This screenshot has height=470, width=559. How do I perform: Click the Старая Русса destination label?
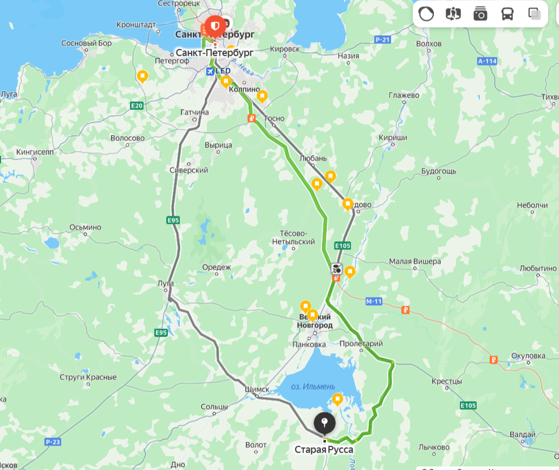pyautogui.click(x=324, y=450)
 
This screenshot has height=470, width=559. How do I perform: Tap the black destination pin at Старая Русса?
pyautogui.click(x=324, y=423)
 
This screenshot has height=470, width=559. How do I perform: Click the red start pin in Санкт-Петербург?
pyautogui.click(x=215, y=26)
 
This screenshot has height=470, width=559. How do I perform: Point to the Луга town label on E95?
pyautogui.click(x=165, y=284)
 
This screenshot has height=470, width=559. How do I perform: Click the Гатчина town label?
pyautogui.click(x=194, y=112)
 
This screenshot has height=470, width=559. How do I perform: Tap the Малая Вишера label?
pyautogui.click(x=415, y=261)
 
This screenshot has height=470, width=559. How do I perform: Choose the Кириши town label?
pyautogui.click(x=393, y=138)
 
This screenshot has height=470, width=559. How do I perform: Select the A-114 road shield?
pyautogui.click(x=487, y=61)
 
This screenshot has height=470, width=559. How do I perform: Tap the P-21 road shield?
pyautogui.click(x=382, y=40)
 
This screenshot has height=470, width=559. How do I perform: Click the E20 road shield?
pyautogui.click(x=136, y=106)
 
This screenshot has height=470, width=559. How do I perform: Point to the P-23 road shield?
pyautogui.click(x=52, y=442)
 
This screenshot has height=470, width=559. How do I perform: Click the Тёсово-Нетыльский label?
pyautogui.click(x=294, y=237)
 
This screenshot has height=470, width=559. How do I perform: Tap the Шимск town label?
pyautogui.click(x=257, y=389)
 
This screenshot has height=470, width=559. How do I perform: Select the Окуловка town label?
pyautogui.click(x=528, y=356)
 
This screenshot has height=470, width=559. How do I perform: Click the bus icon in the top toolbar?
pyautogui.click(x=507, y=14)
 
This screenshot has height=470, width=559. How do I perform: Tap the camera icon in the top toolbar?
pyautogui.click(x=480, y=14)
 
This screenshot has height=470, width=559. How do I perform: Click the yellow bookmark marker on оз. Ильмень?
pyautogui.click(x=337, y=400)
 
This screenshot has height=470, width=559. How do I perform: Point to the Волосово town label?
pyautogui.click(x=127, y=138)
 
